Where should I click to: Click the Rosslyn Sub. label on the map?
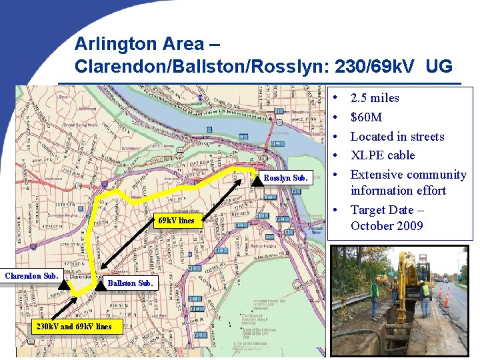pos(285,178)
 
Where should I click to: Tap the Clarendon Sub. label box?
pos(31,275)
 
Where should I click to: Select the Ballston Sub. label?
pos(131,283)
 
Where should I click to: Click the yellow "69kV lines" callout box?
pos(176,221)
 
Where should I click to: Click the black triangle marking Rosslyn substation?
pos(257,178)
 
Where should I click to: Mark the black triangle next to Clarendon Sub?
pos(63,285)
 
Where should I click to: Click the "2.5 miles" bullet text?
pos(375,98)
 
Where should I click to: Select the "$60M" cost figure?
pos(366,117)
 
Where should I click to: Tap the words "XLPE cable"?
pos(383,155)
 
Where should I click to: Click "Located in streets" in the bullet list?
pos(397,137)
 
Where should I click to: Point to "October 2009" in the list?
pos(387,225)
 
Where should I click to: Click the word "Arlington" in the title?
pos(111,44)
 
